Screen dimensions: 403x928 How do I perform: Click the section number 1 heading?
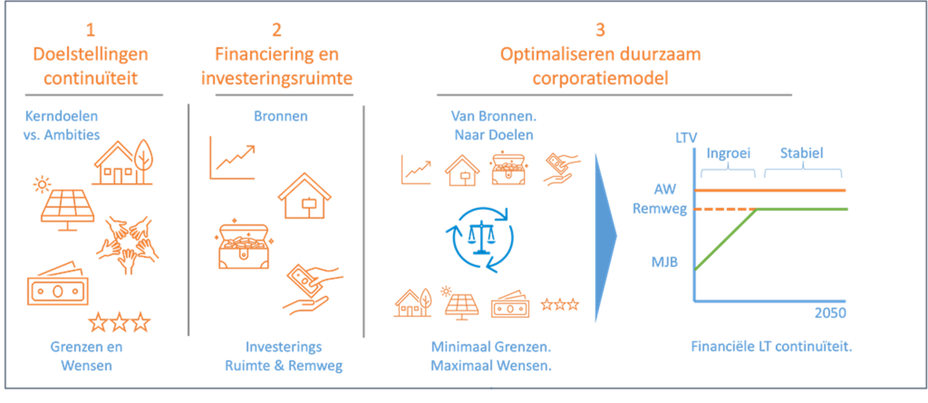(x=91, y=30)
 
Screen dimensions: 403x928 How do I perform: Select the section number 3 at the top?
(x=600, y=30)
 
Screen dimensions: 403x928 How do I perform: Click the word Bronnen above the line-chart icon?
(x=280, y=117)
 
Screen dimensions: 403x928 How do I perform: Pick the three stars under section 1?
(x=119, y=322)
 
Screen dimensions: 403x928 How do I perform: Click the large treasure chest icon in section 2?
(x=244, y=245)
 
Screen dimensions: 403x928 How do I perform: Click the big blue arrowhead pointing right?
(x=605, y=237)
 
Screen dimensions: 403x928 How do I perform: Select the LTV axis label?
(x=686, y=138)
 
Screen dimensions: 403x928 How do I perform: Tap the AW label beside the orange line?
(x=665, y=189)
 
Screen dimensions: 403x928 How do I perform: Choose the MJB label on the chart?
(x=665, y=262)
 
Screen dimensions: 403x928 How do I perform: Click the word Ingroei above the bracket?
(x=728, y=153)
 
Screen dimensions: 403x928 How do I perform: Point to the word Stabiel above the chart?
(x=802, y=153)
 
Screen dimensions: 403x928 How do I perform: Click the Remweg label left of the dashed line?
(x=660, y=209)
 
